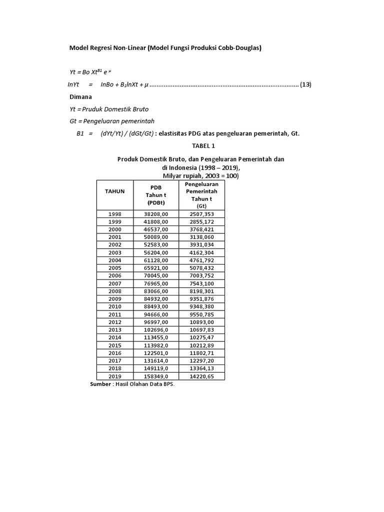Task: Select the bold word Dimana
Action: coord(80,97)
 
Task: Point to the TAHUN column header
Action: coord(114,191)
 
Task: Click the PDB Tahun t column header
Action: coord(156,195)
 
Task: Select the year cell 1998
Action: coord(114,213)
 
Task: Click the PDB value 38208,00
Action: coord(156,213)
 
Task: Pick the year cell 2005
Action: coord(114,267)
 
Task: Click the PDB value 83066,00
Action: coord(156,291)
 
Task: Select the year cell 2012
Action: coord(114,321)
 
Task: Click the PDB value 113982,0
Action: coord(156,345)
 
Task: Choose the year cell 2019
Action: coord(114,376)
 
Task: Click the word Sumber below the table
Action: coord(100,384)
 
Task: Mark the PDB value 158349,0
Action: coord(156,376)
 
